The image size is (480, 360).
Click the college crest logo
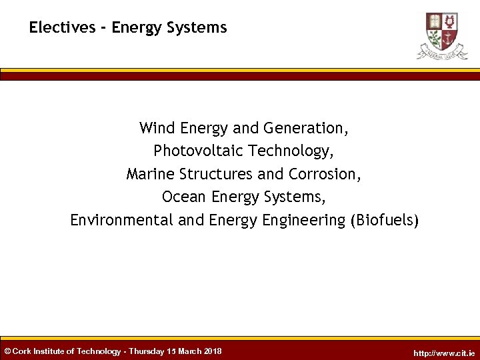442,35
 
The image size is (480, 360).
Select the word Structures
215,174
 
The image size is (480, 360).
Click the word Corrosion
325,174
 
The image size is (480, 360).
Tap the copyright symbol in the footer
7,351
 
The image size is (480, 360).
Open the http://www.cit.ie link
444,353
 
